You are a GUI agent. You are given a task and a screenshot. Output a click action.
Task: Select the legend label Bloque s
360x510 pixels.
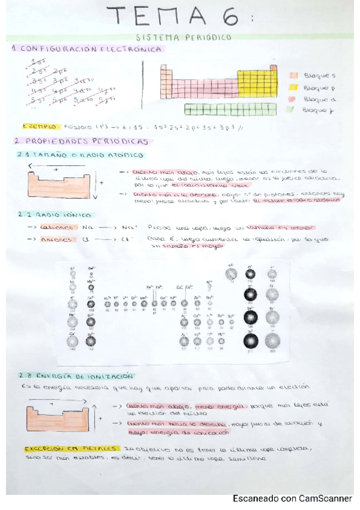pos(317,76)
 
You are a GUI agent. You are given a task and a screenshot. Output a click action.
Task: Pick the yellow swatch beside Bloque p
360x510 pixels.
pos(294,87)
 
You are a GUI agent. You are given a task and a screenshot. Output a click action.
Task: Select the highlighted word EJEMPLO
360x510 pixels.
pos(40,127)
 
